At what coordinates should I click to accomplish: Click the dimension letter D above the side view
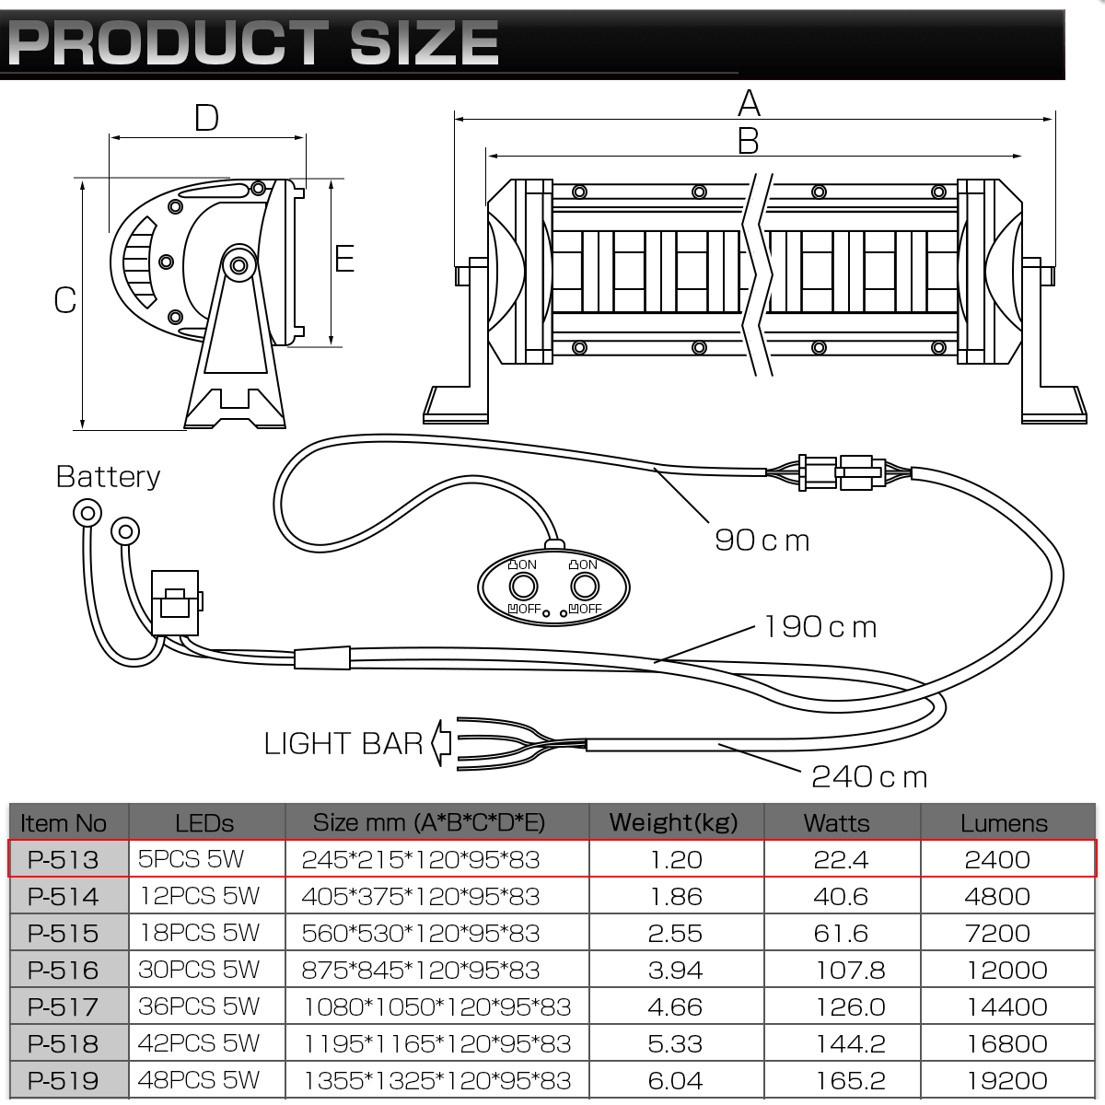pos(206,118)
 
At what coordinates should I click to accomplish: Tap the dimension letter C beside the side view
pos(64,300)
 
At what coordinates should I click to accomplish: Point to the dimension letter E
pos(344,258)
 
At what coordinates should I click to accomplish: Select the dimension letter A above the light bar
pos(749,103)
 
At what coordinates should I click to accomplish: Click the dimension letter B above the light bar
pos(749,141)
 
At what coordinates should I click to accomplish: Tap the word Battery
pos(108,477)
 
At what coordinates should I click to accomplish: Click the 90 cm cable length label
pos(762,541)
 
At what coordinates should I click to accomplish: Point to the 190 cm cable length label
pos(820,627)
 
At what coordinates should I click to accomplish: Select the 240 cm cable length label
pos(869,777)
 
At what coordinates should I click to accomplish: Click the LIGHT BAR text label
pos(343,744)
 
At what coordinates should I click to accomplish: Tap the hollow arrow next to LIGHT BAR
pos(441,742)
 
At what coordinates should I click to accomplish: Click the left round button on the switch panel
pos(523,587)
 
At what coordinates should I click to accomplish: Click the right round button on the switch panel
pos(585,587)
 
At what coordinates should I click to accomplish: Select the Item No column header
pos(64,823)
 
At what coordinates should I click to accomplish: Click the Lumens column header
pos(1004,823)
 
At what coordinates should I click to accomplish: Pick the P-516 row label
pos(64,971)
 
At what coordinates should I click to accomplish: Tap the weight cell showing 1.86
pos(676,896)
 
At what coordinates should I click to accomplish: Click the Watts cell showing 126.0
pos(851,1007)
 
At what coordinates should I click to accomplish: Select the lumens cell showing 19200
pos(1007,1081)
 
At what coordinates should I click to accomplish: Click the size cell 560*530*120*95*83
pos(421,934)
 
